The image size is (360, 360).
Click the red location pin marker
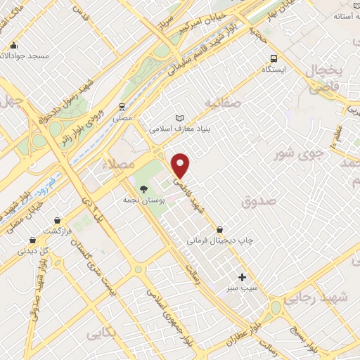click(181, 165)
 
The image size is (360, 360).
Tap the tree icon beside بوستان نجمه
click(144, 188)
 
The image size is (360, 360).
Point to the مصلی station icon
click(122, 108)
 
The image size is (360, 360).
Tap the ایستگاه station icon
click(271, 59)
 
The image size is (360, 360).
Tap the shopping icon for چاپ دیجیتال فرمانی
click(220, 229)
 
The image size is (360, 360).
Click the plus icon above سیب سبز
click(243, 277)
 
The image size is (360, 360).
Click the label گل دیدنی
click(34, 250)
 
